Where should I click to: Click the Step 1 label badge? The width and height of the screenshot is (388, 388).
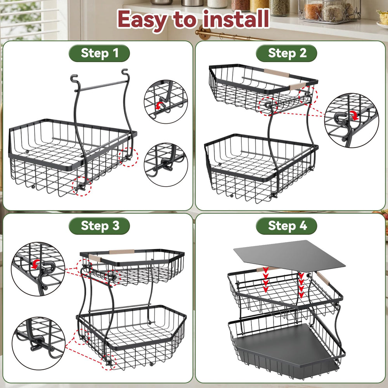[x=99, y=53]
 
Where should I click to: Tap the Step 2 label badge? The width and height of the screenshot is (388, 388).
[x=287, y=53]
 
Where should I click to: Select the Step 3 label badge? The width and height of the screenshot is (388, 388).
[x=99, y=226]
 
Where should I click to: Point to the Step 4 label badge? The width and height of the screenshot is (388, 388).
[x=287, y=226]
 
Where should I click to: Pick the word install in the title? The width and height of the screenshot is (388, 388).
[x=236, y=19]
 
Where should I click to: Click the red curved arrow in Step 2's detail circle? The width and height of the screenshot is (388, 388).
[x=354, y=115]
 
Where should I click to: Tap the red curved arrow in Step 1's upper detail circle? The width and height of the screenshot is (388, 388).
[x=160, y=106]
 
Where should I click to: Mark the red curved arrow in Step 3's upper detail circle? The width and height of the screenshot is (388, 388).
[x=36, y=264]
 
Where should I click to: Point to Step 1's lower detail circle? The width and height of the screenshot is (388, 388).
[x=166, y=165]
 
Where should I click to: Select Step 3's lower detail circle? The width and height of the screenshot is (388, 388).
[x=38, y=343]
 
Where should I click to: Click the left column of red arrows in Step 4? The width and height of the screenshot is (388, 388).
[x=265, y=280]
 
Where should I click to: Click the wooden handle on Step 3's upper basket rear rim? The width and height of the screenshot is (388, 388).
[x=122, y=252]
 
